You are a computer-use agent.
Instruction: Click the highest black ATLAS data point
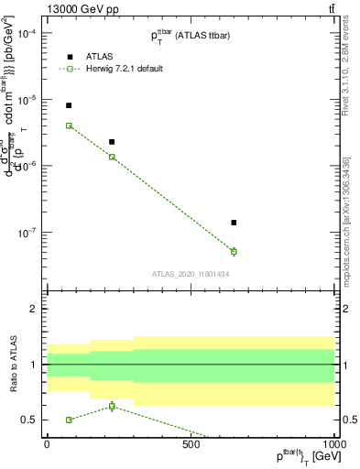coord(69,105)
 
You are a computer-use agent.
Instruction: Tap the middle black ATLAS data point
coord(112,142)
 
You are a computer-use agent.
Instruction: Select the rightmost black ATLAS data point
coord(234,223)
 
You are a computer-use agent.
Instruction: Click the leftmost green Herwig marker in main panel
coord(69,125)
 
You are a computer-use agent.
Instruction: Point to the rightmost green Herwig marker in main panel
coord(234,251)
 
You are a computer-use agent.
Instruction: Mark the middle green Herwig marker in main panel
coord(112,158)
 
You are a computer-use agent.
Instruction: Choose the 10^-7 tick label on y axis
coord(27,232)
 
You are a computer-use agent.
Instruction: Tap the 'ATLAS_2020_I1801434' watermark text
coord(190,274)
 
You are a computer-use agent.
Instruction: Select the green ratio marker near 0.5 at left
coord(69,420)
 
